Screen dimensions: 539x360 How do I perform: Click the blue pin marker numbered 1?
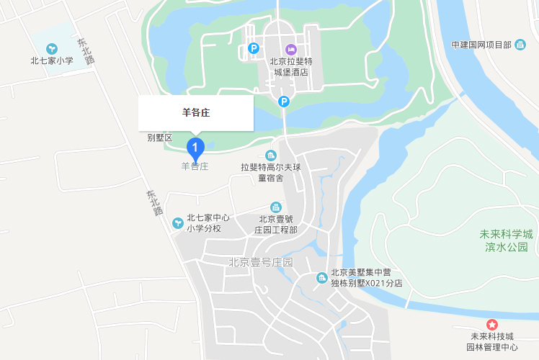point(195,148)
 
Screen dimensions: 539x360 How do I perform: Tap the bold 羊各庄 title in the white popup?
point(195,113)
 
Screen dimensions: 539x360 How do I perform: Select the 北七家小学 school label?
point(52,60)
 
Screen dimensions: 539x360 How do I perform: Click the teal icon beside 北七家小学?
point(52,48)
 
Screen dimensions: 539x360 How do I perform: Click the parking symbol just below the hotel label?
point(284,102)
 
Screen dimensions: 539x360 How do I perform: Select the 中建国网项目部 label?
point(481,45)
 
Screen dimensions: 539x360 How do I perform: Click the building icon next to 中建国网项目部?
point(520,45)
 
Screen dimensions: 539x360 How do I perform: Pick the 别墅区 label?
point(160,138)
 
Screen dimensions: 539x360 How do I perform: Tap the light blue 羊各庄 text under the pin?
point(195,166)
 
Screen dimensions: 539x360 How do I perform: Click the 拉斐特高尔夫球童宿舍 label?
point(270,172)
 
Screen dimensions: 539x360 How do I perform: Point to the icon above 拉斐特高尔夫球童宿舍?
point(270,156)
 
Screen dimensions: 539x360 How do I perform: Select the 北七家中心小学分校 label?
point(208,223)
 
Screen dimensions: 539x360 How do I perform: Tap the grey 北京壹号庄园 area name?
point(261,262)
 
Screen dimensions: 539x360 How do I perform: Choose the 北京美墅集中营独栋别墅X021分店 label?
point(366,278)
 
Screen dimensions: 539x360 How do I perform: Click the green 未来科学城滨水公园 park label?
point(507,240)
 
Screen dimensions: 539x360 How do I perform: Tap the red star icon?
point(492,325)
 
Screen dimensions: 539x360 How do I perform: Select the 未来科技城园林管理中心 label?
point(494,342)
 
